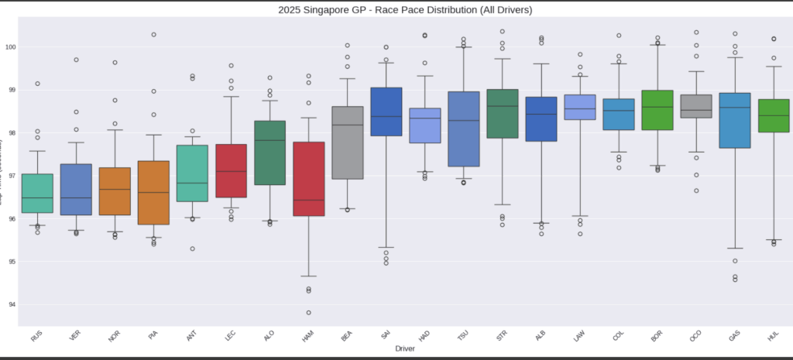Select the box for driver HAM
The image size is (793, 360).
click(x=308, y=179)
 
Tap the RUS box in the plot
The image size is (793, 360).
click(x=36, y=194)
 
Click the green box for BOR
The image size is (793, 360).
click(x=657, y=109)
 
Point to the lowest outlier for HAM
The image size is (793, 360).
click(x=308, y=312)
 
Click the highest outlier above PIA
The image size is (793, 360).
click(x=153, y=34)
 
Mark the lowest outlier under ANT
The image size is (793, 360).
click(x=192, y=249)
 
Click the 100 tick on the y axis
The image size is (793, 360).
click(x=12, y=47)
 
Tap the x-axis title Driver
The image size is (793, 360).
click(x=404, y=349)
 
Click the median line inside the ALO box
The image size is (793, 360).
click(x=269, y=140)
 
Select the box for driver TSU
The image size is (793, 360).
click(x=464, y=129)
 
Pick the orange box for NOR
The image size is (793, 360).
click(x=115, y=191)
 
